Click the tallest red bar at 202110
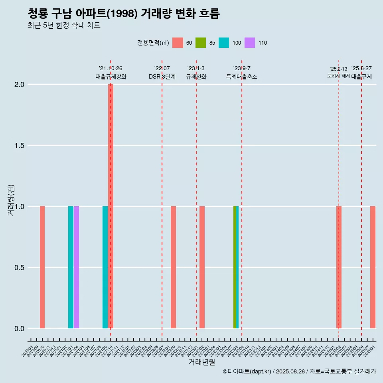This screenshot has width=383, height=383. coord(111,206)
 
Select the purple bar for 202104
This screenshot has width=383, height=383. coord(76,267)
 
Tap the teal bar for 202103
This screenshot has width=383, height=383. coord(71,267)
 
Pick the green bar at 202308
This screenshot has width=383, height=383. coord(235,267)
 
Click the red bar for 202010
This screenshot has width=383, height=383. coord(42,267)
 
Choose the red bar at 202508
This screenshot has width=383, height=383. coord(373,267)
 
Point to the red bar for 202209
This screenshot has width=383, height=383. coord(173,267)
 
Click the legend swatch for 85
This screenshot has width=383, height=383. coord(201,43)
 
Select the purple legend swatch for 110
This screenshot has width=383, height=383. coord(250,43)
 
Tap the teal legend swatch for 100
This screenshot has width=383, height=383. coord(224,43)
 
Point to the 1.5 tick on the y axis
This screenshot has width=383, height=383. coord(20,146)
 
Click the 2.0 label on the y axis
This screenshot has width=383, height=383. coord(20,85)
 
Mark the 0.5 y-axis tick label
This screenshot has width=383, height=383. coord(20,268)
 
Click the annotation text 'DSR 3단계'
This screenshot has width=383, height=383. coord(162,77)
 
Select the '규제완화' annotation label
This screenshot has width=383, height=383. coord(196,77)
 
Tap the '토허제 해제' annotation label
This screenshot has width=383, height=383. coord(338,76)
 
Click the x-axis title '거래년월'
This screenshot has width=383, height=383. coord(201,362)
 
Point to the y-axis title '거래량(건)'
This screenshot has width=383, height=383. coord(11,199)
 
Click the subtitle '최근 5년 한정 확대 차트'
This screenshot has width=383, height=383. coord(64,26)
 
